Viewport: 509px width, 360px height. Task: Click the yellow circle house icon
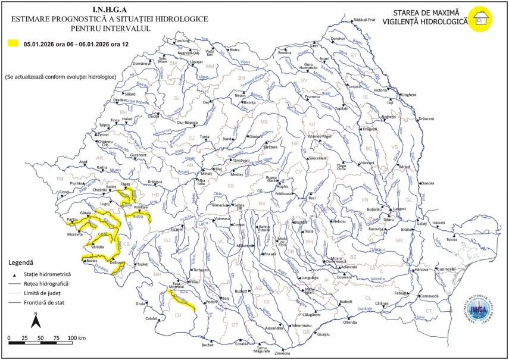pyautogui.click(x=480, y=18)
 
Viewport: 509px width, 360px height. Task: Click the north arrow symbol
pyautogui.click(x=35, y=321)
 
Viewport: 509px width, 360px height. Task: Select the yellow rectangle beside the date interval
pyautogui.click(x=13, y=43)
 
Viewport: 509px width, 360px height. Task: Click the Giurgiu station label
pyautogui.click(x=323, y=334)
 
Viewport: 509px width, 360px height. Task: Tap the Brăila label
pyautogui.click(x=407, y=229)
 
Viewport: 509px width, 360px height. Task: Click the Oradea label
pyautogui.click(x=120, y=100)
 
